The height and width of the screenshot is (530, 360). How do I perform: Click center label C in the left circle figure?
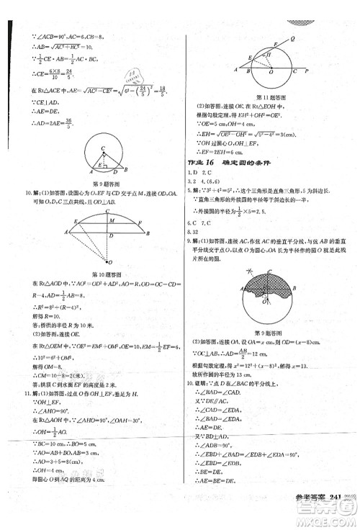coord(103,146)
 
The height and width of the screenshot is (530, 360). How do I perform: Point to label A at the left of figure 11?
coord(233,71)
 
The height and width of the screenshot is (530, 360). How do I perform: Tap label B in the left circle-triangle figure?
coord(126,170)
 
